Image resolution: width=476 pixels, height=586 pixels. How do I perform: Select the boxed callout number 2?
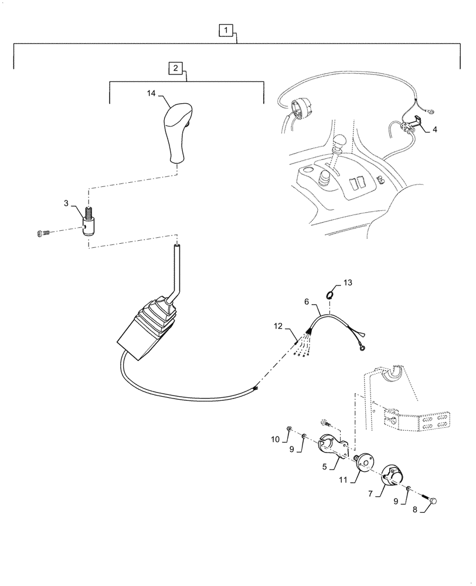[175, 68]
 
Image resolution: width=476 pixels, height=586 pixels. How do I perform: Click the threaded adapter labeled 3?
[90, 223]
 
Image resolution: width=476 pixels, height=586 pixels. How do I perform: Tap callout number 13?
[348, 282]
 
